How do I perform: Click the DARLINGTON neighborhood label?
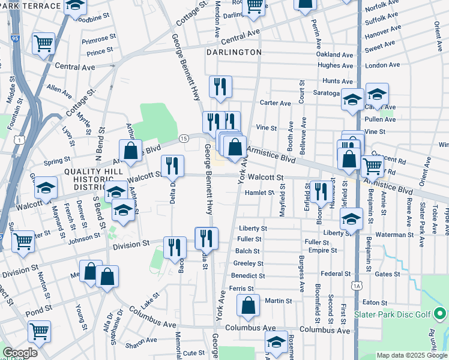pos(234,52)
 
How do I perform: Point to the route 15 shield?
pos(184,139)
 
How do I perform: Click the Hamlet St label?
pos(259,193)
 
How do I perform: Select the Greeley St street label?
pos(249,263)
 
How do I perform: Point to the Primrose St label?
pos(98,38)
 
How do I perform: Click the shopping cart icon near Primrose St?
pos(44,44)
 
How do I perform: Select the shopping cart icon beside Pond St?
pos(40,331)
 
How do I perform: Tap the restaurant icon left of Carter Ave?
pos(220,87)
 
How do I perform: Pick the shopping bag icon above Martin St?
pos(249,305)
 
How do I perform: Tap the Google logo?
pos(19,353)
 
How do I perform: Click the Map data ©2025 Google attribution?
pos(412,355)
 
